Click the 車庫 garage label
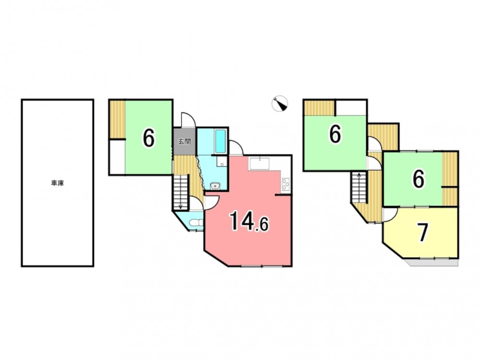(58, 183)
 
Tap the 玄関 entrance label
(185, 142)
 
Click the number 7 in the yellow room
(423, 233)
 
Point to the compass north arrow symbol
(280, 104)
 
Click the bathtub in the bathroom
(220, 142)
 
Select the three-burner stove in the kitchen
(286, 184)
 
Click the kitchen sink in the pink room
(259, 164)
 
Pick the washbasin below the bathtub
(215, 185)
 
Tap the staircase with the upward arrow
(359, 187)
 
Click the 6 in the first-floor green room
(148, 138)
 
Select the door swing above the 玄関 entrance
(188, 120)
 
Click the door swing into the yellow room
(390, 215)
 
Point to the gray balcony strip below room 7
(432, 263)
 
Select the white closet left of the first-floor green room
(117, 157)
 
